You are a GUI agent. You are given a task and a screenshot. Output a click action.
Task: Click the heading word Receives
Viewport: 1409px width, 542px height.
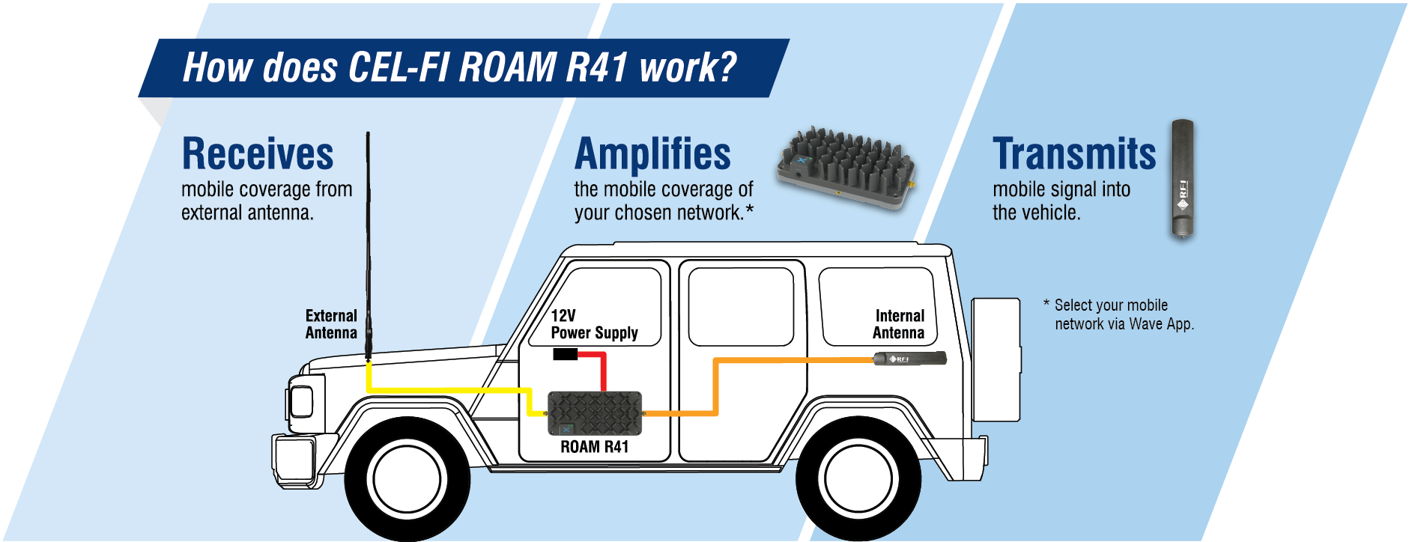tap(258, 154)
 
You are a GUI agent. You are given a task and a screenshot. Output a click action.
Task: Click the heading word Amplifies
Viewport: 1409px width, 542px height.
tap(652, 154)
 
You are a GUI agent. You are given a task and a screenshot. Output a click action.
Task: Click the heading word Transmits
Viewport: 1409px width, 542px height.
tap(1073, 154)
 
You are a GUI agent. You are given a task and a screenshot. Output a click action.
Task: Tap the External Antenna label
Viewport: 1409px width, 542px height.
tap(330, 324)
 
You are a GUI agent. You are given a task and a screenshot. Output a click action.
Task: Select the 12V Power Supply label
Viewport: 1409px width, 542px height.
tap(593, 324)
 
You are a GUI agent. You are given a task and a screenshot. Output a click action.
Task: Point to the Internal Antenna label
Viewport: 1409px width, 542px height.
tap(898, 324)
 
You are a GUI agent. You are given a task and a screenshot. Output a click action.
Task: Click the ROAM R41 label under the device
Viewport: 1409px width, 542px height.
tap(594, 447)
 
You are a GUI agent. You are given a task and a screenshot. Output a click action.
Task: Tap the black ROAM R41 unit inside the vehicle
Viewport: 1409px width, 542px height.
tap(595, 412)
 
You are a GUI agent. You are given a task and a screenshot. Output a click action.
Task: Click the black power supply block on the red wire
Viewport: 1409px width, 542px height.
tap(565, 354)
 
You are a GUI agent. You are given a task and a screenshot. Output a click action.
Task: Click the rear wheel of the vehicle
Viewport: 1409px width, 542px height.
tap(858, 479)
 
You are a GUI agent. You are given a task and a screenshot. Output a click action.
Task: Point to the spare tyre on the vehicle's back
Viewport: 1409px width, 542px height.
tap(996, 359)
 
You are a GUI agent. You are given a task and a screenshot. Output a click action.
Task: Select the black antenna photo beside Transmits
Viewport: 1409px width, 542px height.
tap(1182, 180)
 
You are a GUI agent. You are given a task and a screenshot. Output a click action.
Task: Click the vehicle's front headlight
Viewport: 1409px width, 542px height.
tap(302, 402)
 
